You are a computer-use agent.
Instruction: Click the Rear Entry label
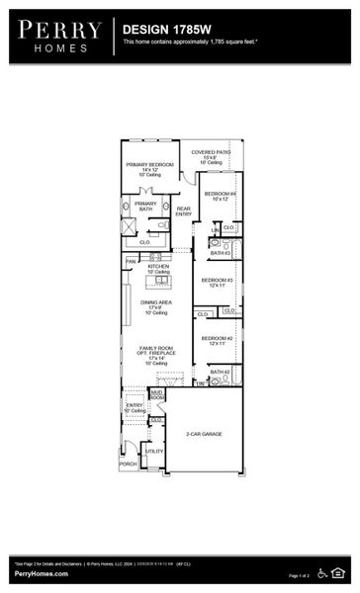coord(184,212)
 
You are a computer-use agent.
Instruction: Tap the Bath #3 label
coord(220,253)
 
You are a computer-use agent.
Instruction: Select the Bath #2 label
coord(220,373)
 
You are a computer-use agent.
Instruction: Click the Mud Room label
coord(156,394)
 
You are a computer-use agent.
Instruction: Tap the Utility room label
coord(155,451)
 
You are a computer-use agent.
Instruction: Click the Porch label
coord(128,463)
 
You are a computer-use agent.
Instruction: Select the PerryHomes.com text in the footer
coord(41,574)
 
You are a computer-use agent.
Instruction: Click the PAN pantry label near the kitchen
coord(131,261)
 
